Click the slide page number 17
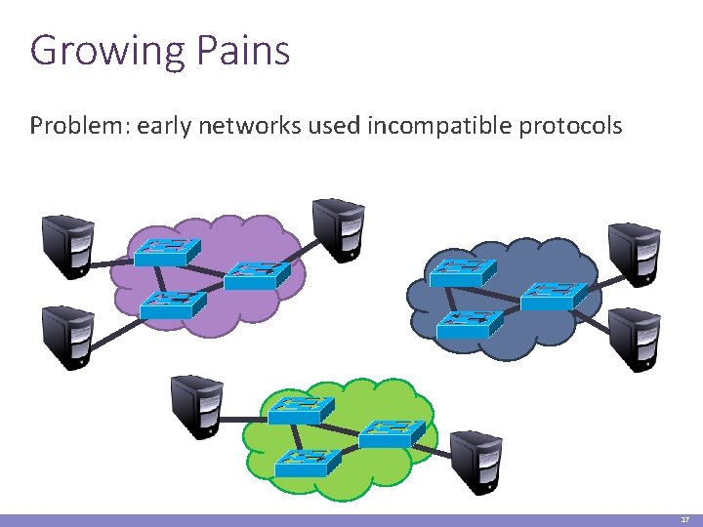pyautogui.click(x=684, y=520)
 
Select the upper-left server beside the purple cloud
pyautogui.click(x=67, y=244)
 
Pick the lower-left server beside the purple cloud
pyautogui.click(x=67, y=334)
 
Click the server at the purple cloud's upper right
pyautogui.click(x=338, y=228)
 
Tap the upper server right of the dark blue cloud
pyautogui.click(x=634, y=254)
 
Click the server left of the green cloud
pyautogui.click(x=197, y=404)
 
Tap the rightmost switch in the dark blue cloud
pyautogui.click(x=554, y=295)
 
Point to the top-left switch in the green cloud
pyautogui.click(x=301, y=410)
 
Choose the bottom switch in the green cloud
pyautogui.click(x=308, y=462)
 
